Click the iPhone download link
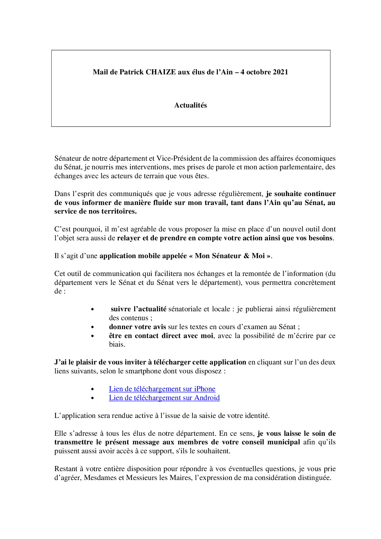(x=162, y=389)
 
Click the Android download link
(x=164, y=398)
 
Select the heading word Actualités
(x=190, y=105)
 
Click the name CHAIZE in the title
(x=160, y=72)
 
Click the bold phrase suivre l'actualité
(x=139, y=309)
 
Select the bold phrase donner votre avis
(x=137, y=327)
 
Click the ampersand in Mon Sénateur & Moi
(x=246, y=256)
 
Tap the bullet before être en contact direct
(x=92, y=336)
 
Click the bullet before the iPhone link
(x=92, y=389)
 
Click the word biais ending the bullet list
(x=117, y=344)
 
